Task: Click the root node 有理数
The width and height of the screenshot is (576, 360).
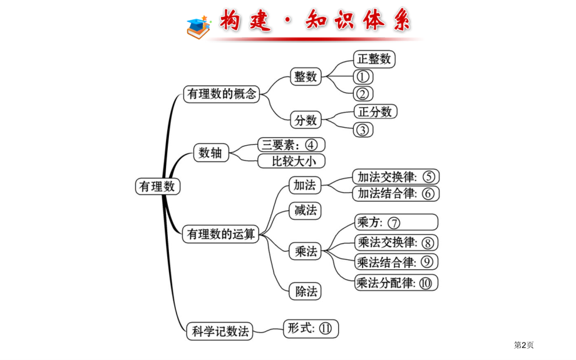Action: coord(158,186)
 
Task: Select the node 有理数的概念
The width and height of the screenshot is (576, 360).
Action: coord(222,94)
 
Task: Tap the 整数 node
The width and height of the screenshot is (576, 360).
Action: coord(306,76)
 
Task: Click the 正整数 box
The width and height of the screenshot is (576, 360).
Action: coord(374,59)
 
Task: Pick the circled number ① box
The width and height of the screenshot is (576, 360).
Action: coord(363,77)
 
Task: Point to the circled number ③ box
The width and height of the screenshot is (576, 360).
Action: coord(363,130)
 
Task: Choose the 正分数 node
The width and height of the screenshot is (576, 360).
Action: coord(375,111)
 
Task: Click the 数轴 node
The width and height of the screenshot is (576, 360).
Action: coord(211,152)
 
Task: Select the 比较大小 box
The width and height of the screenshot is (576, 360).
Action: coord(291,161)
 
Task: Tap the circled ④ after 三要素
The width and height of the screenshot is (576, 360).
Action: coord(311,145)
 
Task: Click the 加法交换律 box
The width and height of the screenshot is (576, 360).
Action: coord(396,177)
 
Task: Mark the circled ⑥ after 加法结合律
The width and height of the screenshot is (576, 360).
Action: coord(428,193)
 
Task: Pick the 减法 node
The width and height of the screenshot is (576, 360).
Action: coord(305,210)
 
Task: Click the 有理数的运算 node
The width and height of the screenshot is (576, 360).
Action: coord(220,234)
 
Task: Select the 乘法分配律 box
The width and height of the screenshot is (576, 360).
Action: coord(396,282)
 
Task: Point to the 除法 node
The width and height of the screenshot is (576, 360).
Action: coord(305,291)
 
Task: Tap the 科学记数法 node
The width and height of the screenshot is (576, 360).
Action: coord(220,331)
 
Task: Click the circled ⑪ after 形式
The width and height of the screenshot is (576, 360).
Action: coord(326,328)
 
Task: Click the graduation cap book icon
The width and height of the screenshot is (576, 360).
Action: coord(198,27)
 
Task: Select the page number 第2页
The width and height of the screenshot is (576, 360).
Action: coord(523,345)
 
